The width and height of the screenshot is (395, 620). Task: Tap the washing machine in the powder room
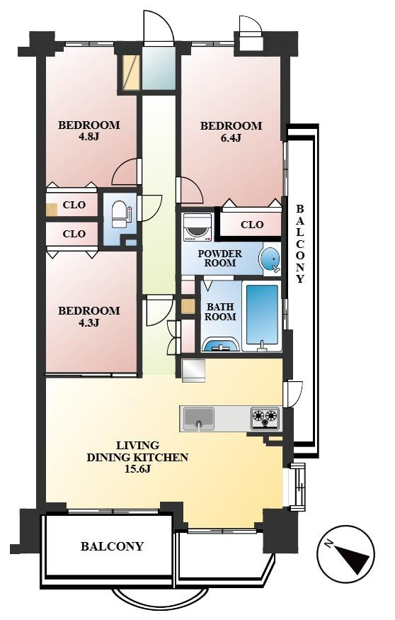[x=196, y=228]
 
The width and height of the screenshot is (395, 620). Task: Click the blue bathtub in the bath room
[x=262, y=314]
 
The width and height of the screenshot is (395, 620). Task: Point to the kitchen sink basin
[x=199, y=419]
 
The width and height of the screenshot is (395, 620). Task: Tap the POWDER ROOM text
[x=220, y=259]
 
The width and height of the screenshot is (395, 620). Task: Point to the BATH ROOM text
[x=220, y=312]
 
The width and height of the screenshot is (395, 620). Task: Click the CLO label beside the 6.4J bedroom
[x=252, y=225]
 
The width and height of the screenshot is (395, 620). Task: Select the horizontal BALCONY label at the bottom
[x=112, y=547]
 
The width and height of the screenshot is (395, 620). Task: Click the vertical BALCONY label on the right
[x=300, y=244]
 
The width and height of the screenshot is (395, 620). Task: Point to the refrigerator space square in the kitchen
[x=193, y=371]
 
